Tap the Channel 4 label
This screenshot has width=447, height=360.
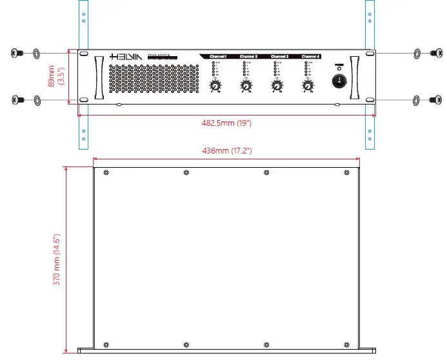311,57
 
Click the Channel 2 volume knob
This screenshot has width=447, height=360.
246,86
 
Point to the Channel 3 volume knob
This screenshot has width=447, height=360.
277,86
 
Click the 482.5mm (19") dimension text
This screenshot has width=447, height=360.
226,123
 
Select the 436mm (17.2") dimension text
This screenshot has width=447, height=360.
226,150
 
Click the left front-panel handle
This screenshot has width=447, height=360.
98,78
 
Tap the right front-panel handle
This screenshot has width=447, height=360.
354,78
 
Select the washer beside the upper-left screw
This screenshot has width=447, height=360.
35,52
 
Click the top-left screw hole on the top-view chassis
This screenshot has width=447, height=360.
106,172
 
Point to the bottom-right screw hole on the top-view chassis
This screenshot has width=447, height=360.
346,344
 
